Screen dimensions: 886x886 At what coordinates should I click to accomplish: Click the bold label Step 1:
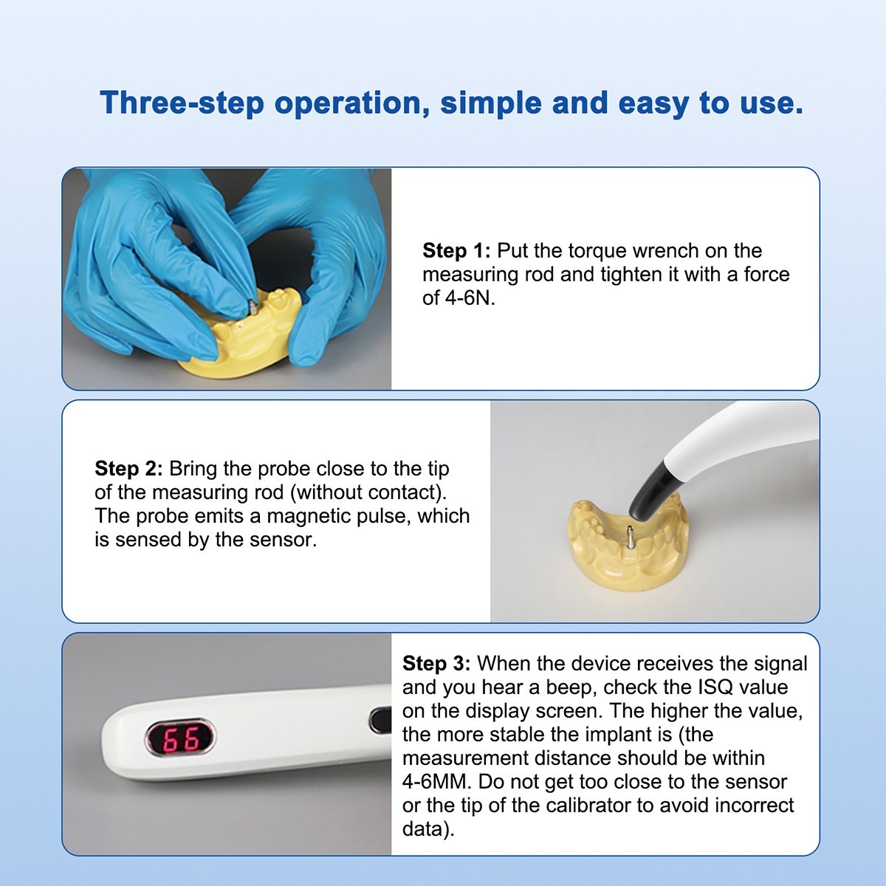(x=456, y=251)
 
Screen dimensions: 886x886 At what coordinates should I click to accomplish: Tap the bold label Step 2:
(x=128, y=469)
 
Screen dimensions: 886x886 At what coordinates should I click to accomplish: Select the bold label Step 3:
(x=436, y=664)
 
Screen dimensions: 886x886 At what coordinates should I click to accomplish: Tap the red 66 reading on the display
(x=180, y=738)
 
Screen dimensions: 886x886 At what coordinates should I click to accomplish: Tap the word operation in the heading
(x=351, y=103)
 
